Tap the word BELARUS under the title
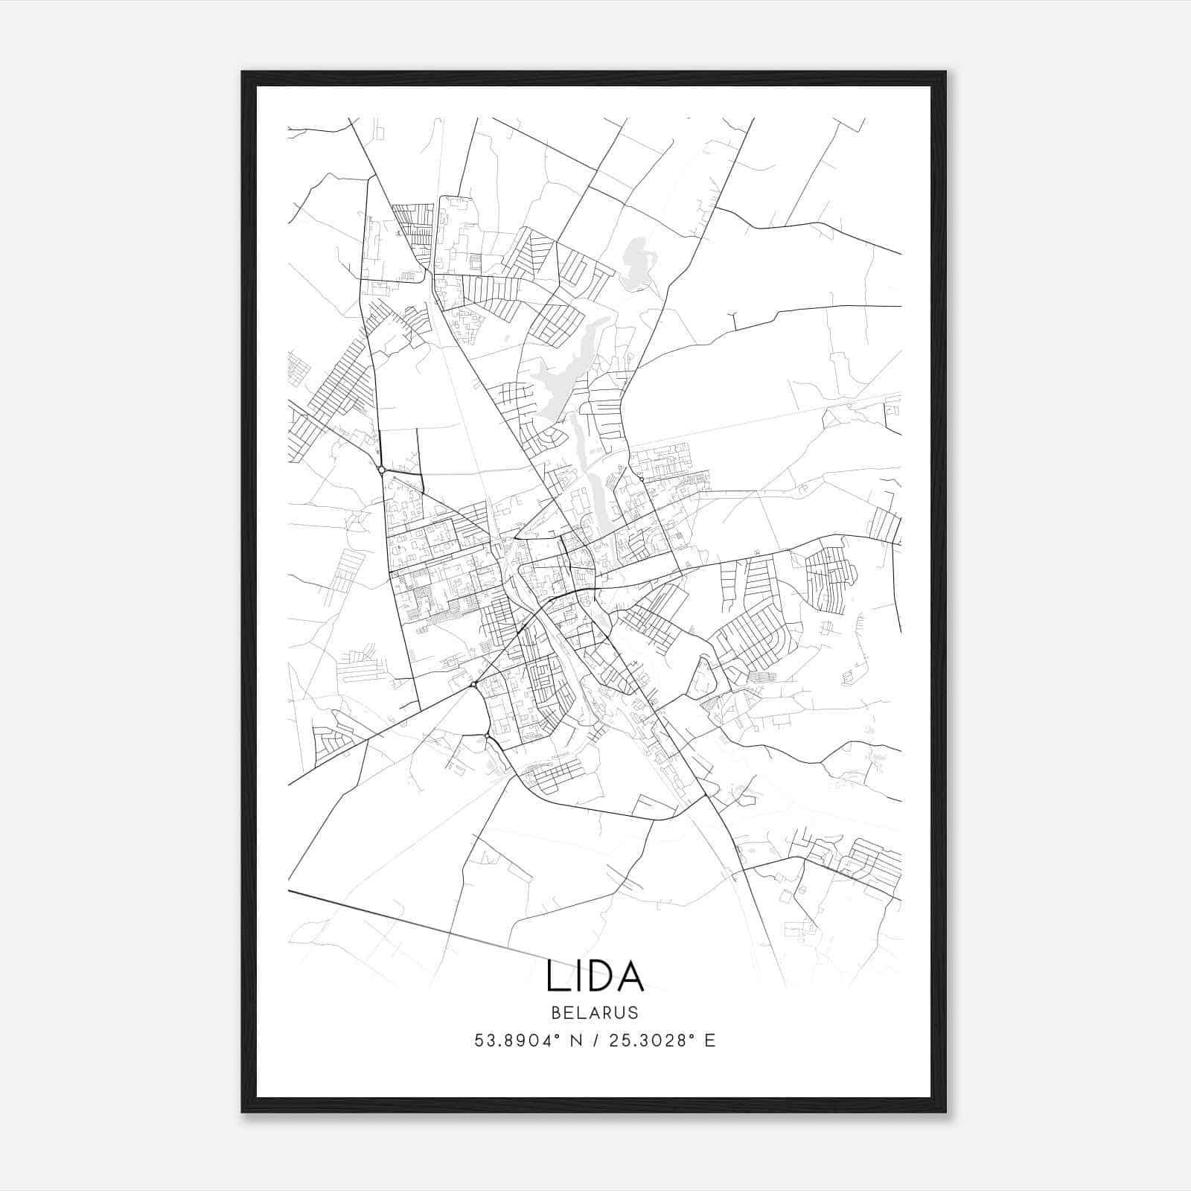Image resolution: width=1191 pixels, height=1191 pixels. [595, 1012]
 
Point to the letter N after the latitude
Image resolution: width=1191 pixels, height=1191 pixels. [574, 1041]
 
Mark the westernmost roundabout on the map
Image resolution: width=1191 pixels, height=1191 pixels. [381, 470]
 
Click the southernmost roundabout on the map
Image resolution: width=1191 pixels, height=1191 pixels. [487, 736]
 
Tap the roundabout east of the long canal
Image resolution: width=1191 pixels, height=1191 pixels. [641, 480]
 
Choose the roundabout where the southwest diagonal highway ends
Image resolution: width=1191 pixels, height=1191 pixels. [473, 684]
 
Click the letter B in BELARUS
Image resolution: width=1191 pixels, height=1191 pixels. [556, 1012]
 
